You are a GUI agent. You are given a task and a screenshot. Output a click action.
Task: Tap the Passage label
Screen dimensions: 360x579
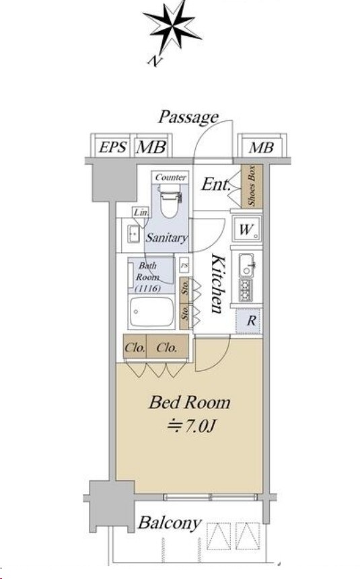coord(188,118)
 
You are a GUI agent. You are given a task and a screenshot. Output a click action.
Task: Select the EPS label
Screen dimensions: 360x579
coord(113,148)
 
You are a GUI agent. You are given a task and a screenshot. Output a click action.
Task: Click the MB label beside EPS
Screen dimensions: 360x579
coord(151,148)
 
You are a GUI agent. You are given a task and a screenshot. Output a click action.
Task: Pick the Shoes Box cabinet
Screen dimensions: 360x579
coord(252,186)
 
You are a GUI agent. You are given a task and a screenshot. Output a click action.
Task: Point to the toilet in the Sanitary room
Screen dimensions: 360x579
coord(170,200)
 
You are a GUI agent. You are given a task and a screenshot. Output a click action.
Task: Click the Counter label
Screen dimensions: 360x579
coord(170,178)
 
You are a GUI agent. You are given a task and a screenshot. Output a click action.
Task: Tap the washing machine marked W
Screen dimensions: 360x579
coord(246,229)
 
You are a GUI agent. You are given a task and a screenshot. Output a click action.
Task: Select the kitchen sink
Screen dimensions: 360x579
coord(246,265)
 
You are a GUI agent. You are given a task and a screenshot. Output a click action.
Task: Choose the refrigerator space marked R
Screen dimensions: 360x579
coord(250,321)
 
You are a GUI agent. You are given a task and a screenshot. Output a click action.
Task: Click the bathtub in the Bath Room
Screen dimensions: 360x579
coord(151,311)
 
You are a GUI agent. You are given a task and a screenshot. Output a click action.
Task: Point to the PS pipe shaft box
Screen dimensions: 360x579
coord(184,266)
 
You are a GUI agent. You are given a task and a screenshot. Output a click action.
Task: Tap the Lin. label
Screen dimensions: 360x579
coord(141,213)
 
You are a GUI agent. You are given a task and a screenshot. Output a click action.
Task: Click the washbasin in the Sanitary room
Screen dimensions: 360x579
coord(133,234)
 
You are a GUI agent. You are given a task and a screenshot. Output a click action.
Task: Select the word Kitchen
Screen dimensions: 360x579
coord(217,283)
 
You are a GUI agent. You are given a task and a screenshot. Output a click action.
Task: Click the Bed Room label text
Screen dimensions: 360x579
coord(189,402)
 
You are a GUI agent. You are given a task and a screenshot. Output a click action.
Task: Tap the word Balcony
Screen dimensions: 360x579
coord(170,523)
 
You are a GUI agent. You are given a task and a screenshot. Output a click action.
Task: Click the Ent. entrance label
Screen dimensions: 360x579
coord(216,184)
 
